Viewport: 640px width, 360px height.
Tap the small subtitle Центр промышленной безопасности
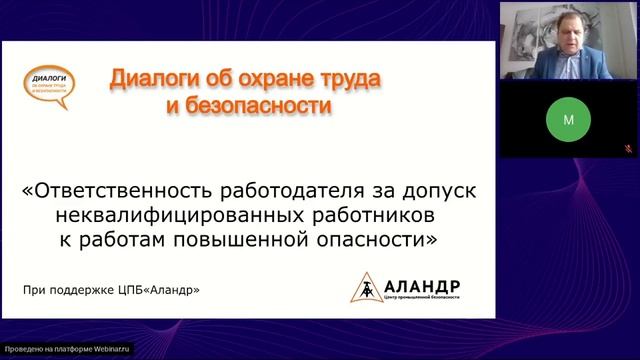click(420, 298)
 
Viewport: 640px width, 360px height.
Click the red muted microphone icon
click(627, 147)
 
